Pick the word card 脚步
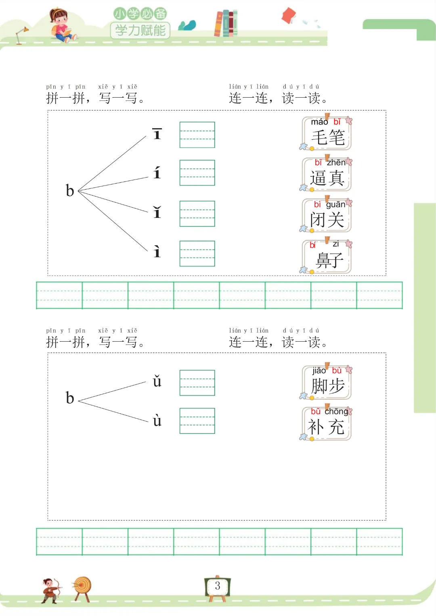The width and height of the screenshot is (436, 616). point(327,383)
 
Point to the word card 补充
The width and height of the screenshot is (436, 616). point(327,424)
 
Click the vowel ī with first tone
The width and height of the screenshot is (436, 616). point(157,134)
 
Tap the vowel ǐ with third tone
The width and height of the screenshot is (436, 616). point(157,212)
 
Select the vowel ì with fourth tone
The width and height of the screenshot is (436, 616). point(157,252)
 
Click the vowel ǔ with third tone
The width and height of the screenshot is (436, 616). point(157,381)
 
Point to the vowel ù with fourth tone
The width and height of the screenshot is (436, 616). point(157,421)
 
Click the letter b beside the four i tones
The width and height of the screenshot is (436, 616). point(70,190)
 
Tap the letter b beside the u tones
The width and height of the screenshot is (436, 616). point(70,398)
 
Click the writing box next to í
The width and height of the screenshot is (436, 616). point(197,173)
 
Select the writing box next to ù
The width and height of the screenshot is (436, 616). point(197,421)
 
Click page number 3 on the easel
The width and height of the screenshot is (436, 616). point(218,586)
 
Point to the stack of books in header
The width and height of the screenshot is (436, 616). point(226,23)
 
